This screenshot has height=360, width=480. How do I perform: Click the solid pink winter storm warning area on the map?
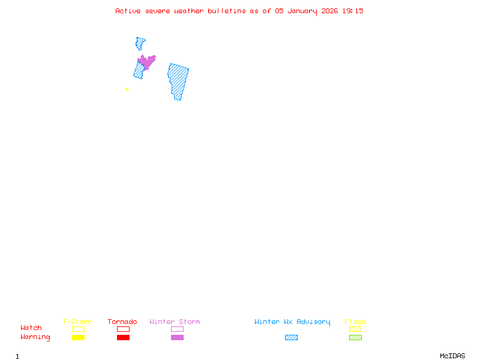pos(146,62)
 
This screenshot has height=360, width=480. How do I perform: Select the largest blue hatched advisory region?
pos(178,81)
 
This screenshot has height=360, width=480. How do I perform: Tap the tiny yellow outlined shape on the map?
pos(127,89)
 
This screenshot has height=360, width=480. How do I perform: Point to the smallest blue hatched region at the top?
pos(140,43)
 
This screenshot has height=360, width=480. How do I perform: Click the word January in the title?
pos(302,11)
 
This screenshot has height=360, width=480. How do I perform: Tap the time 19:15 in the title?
pos(353,11)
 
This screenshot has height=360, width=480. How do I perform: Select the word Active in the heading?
pos(128,11)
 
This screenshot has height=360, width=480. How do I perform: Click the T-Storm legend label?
pos(77,322)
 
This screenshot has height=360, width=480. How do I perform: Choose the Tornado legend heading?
pos(122,322)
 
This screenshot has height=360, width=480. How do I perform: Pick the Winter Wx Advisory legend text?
pos(292,322)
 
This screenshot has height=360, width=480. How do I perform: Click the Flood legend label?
pos(355,322)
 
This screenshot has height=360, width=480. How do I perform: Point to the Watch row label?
pos(31,328)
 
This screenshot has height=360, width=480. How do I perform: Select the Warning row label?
pos(35,337)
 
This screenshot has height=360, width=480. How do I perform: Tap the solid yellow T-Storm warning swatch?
pos(79,337)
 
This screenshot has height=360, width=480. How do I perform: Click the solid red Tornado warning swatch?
pos(124,337)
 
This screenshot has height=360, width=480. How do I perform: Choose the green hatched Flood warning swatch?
pos(355,337)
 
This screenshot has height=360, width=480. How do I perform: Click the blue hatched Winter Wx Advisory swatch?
pos(291,337)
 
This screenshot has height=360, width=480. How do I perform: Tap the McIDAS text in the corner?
pos(452,356)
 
